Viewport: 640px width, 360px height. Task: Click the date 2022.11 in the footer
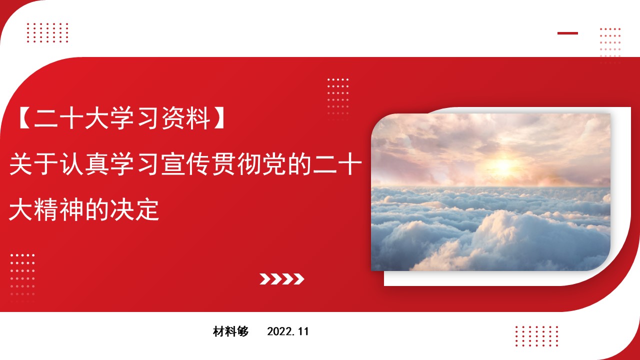click(288, 331)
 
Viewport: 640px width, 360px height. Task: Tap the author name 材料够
click(231, 331)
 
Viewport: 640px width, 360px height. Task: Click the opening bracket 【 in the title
click(25, 118)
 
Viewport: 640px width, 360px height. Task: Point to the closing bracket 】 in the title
click(219, 118)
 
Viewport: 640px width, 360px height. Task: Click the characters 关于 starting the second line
click(34, 163)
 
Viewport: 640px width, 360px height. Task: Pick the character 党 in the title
click(274, 163)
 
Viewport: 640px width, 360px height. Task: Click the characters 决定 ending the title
click(134, 209)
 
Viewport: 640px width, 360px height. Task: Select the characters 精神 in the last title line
click(59, 209)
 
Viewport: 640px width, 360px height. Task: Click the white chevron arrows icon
click(281, 279)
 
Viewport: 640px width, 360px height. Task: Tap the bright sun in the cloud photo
click(503, 165)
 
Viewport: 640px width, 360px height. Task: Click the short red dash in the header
click(567, 33)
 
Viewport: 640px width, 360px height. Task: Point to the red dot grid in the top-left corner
click(47, 33)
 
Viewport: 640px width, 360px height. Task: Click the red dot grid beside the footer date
click(537, 336)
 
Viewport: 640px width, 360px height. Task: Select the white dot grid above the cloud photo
click(338, 96)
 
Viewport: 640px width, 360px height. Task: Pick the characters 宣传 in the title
click(185, 163)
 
